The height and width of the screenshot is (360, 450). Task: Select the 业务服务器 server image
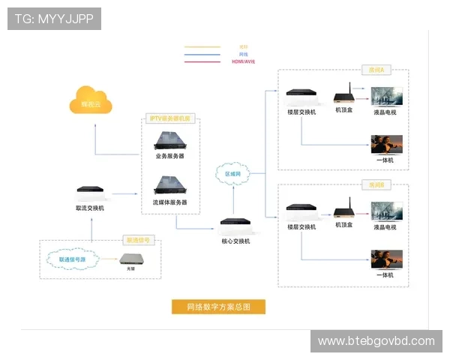point(170,139)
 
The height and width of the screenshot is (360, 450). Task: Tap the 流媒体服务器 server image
point(170,184)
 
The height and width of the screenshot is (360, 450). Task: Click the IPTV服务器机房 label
point(170,118)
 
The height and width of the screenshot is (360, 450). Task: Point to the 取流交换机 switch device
point(90,193)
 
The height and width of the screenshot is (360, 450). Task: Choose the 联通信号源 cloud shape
point(72,259)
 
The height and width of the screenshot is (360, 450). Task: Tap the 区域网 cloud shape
point(233,173)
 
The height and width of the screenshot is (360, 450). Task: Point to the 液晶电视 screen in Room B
point(387,211)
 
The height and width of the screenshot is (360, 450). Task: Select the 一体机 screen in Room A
point(387,144)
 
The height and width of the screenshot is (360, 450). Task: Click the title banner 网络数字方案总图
point(217,306)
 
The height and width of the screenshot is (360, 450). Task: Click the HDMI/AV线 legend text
point(244,61)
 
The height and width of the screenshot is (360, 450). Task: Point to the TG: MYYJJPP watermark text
point(54,19)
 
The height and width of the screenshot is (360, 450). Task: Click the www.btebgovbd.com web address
point(376,341)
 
